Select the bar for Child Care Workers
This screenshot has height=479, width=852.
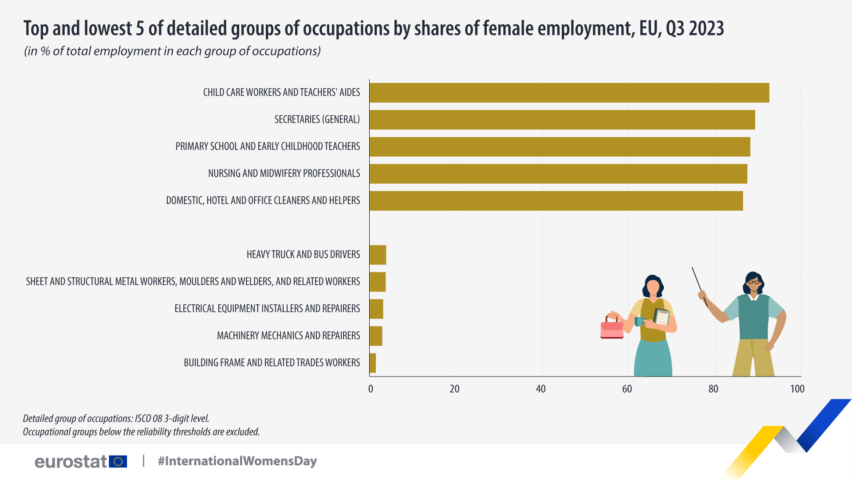point(569,93)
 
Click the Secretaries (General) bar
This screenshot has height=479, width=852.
point(562,120)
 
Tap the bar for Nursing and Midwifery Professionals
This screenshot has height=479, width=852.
point(558,174)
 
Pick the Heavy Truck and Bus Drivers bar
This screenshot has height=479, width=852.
point(378,255)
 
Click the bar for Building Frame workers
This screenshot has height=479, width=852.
point(373,363)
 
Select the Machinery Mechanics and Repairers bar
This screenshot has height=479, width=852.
point(376,336)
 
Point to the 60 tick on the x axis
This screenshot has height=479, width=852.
point(627,389)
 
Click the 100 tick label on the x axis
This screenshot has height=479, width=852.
point(797,389)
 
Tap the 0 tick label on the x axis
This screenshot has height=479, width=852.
point(371,389)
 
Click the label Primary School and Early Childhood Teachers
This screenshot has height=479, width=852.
point(268,146)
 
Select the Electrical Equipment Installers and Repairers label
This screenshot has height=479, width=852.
point(267,309)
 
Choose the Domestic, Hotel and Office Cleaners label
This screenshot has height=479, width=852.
point(263,200)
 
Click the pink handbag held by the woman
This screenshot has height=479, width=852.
point(612,329)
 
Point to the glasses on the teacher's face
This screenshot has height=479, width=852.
point(753,282)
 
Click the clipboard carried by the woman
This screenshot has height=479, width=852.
point(662,317)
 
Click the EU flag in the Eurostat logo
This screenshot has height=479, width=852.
point(118,462)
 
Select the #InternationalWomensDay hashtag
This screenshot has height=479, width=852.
point(237,461)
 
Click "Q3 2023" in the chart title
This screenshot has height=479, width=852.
point(695,28)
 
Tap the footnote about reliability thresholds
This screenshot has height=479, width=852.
point(141,432)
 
